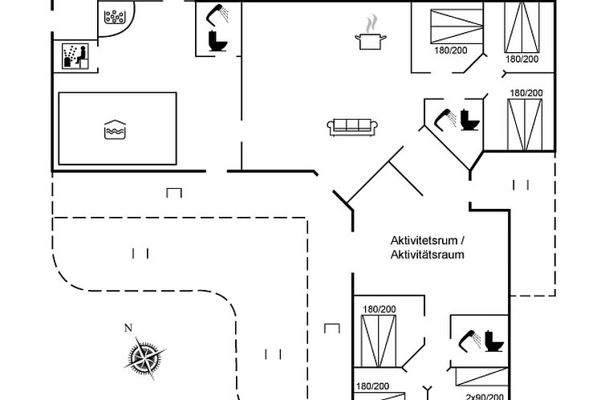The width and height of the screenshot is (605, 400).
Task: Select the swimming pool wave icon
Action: tap(115, 129)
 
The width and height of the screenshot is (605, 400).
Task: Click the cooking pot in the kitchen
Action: tap(370, 40)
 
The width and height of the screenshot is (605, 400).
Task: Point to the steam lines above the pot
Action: tap(370, 22)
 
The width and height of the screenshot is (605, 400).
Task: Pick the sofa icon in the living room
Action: tap(352, 125)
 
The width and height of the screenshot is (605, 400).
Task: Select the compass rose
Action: tap(144, 355)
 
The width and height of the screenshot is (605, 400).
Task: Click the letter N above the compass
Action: tap(128, 328)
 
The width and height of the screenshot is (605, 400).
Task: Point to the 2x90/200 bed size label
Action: tap(485, 395)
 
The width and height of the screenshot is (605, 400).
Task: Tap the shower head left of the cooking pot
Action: tap(213, 14)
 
